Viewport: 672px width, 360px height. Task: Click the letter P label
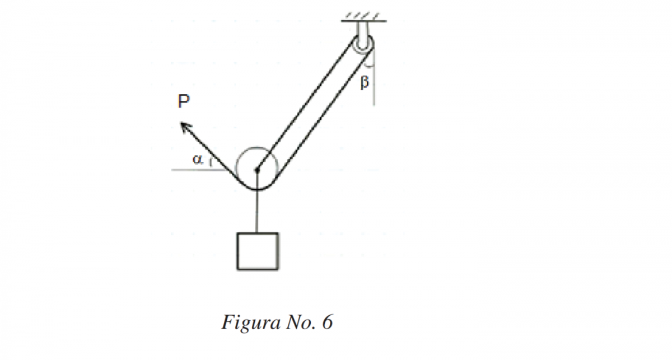point(183,101)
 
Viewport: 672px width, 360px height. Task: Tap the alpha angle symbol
point(197,159)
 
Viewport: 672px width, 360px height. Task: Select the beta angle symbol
point(365,83)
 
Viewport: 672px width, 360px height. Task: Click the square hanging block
point(257,250)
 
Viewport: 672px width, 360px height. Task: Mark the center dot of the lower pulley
point(256,169)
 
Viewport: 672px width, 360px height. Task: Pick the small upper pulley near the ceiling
point(363,44)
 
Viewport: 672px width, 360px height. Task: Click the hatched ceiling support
point(363,20)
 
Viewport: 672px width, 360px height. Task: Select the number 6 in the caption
point(327,323)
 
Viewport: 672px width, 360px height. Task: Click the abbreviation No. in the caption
point(297,323)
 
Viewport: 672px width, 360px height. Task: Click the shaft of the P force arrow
point(204,146)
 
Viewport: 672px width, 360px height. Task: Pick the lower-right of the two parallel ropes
point(325,120)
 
